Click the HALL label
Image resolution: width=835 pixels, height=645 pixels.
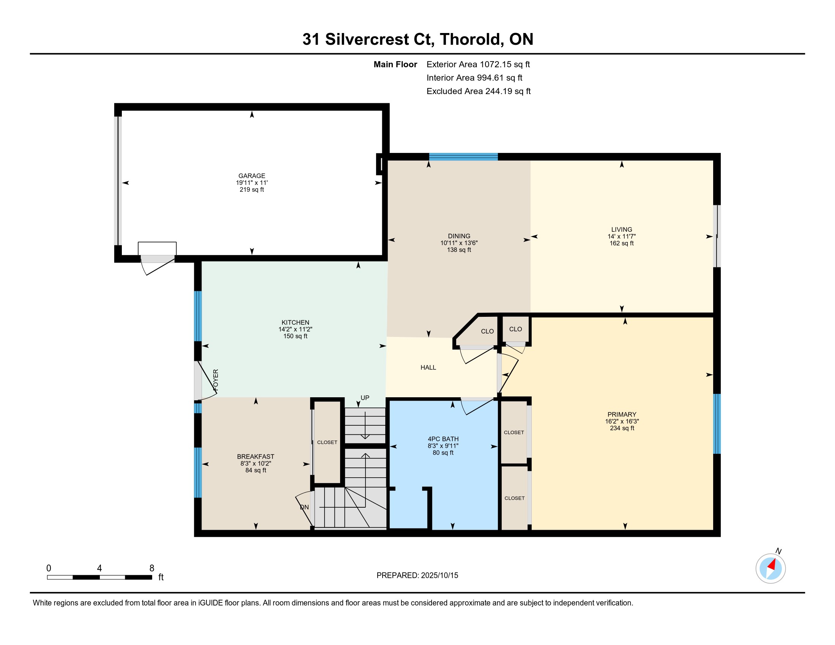(x=428, y=368)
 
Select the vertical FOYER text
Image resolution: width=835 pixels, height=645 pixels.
(x=216, y=380)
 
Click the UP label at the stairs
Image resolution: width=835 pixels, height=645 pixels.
(x=365, y=398)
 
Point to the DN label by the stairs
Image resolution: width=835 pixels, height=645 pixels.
(x=304, y=507)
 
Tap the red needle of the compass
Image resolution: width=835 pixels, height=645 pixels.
(x=772, y=565)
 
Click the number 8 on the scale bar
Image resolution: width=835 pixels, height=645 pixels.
(x=152, y=568)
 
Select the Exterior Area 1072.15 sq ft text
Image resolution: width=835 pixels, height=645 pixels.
(x=478, y=64)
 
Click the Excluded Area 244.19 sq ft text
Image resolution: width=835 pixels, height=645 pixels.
(x=479, y=91)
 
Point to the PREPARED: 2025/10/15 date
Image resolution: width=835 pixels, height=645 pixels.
(x=417, y=576)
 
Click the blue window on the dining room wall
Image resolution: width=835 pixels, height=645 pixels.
(x=463, y=157)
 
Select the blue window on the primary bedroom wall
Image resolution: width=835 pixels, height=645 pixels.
(x=717, y=424)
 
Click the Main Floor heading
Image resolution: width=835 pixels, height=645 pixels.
(x=395, y=64)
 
